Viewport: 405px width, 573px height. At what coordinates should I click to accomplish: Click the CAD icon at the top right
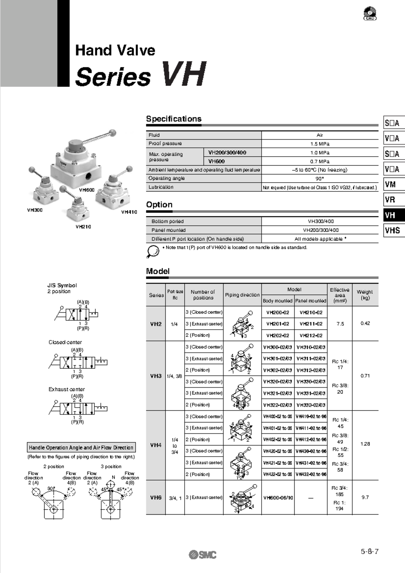370,14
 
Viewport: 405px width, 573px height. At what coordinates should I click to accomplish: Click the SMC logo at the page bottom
203,554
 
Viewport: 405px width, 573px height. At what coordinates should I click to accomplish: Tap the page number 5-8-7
370,551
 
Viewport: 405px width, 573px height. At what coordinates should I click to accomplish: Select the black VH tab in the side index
394,215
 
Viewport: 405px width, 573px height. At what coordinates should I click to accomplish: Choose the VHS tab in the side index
394,230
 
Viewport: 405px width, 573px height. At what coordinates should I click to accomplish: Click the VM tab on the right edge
394,184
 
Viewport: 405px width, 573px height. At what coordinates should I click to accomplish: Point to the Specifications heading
173,119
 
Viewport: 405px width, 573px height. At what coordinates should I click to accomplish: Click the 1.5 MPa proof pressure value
319,144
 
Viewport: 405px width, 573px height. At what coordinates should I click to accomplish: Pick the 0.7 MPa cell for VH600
319,161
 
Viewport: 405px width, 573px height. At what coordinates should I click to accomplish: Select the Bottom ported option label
167,221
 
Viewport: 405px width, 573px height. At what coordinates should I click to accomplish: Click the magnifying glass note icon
153,251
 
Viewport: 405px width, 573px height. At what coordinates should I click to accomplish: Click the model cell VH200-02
277,312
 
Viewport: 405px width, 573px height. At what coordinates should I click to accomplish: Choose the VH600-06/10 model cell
278,497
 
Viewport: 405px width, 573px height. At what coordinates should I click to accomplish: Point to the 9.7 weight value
365,497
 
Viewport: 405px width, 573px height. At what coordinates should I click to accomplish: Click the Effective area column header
340,295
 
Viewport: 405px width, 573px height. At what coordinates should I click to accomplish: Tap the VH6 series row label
156,497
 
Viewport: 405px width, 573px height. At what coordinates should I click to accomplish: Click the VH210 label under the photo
83,227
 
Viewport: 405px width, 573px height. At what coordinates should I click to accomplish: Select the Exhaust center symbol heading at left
66,389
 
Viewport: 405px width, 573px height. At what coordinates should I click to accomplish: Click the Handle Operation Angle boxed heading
81,447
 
